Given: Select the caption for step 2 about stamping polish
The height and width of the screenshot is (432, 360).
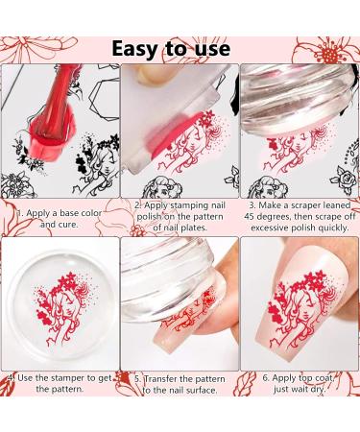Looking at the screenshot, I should [179, 216].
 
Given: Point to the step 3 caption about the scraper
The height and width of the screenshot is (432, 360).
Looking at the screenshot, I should [299, 216].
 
